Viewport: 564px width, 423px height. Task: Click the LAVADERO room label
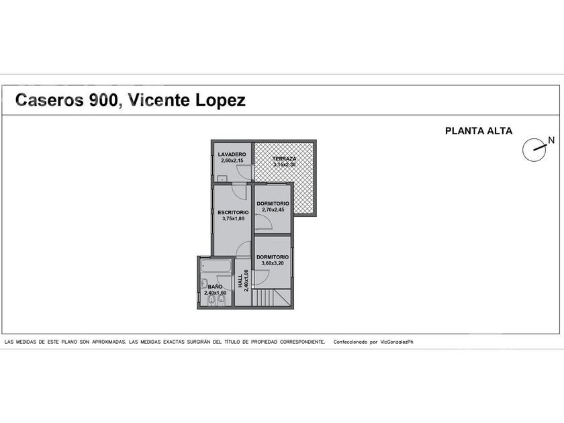(232, 154)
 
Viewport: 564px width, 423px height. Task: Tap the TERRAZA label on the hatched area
(284, 158)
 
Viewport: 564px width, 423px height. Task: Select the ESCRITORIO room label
(233, 213)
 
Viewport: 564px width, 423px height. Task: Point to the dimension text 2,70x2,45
(273, 209)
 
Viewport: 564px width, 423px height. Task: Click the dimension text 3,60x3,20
(273, 263)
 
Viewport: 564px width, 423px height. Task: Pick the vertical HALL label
(240, 281)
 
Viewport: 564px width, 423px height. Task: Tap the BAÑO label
(215, 287)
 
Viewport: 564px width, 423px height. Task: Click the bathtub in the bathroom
(216, 266)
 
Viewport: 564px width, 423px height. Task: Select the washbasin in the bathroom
(203, 283)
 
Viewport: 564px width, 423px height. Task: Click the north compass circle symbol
(534, 150)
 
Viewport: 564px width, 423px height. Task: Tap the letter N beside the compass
(551, 140)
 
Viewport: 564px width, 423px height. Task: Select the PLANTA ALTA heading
(479, 131)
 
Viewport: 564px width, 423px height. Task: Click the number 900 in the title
(103, 100)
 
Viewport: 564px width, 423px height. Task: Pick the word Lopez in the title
(220, 101)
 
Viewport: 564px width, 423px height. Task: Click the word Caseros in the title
(49, 100)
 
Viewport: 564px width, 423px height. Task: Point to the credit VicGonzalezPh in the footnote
(397, 342)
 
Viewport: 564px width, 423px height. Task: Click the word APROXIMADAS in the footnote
(109, 342)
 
